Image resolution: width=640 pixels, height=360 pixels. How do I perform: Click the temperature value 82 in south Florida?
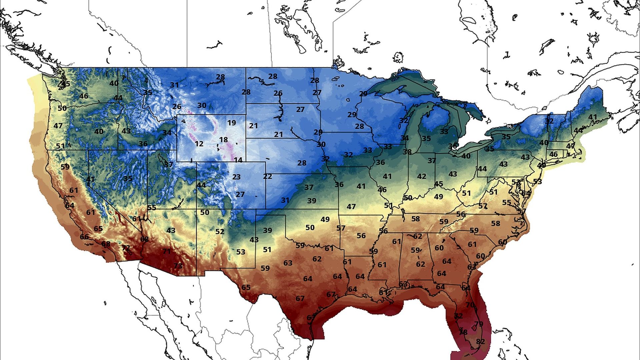coord(480,342)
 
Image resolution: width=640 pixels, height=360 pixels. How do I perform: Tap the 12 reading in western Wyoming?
coord(199,144)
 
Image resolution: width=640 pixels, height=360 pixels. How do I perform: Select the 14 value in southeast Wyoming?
coord(238,160)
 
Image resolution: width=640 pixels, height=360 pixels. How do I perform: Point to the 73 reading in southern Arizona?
coord(178,266)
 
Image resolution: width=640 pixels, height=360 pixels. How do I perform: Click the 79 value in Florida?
coord(479,324)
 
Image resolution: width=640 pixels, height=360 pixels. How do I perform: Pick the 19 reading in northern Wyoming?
coord(232,123)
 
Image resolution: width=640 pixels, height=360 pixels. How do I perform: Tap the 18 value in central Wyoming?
coord(223,140)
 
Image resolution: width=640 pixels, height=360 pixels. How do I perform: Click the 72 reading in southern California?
coord(126,248)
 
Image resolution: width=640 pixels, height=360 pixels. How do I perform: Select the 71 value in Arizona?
coord(166,251)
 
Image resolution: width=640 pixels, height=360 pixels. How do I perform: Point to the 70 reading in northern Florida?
coord(470,305)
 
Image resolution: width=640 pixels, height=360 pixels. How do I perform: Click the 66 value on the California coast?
coord(84,237)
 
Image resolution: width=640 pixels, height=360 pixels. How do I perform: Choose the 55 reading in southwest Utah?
coord(152,208)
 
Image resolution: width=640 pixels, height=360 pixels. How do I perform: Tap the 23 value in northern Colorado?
coord(236,177)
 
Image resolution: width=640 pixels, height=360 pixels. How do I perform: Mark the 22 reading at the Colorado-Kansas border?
coord(267,177)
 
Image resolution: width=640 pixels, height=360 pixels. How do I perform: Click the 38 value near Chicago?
coord(407,152)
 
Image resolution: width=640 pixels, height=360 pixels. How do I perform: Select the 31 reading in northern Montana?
coord(174,85)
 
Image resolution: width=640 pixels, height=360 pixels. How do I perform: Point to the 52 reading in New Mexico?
coord(220,231)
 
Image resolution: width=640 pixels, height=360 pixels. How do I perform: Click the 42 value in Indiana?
coord(422,176)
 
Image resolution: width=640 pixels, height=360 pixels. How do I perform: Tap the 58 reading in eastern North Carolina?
coord(495,223)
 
